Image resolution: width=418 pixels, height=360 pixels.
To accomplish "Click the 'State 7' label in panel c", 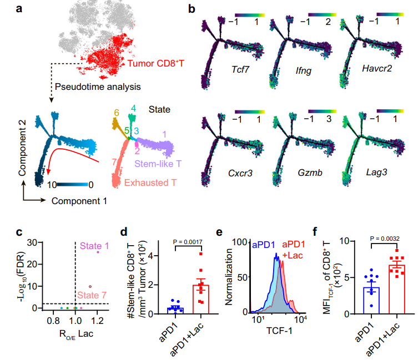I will pos(92,295).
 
